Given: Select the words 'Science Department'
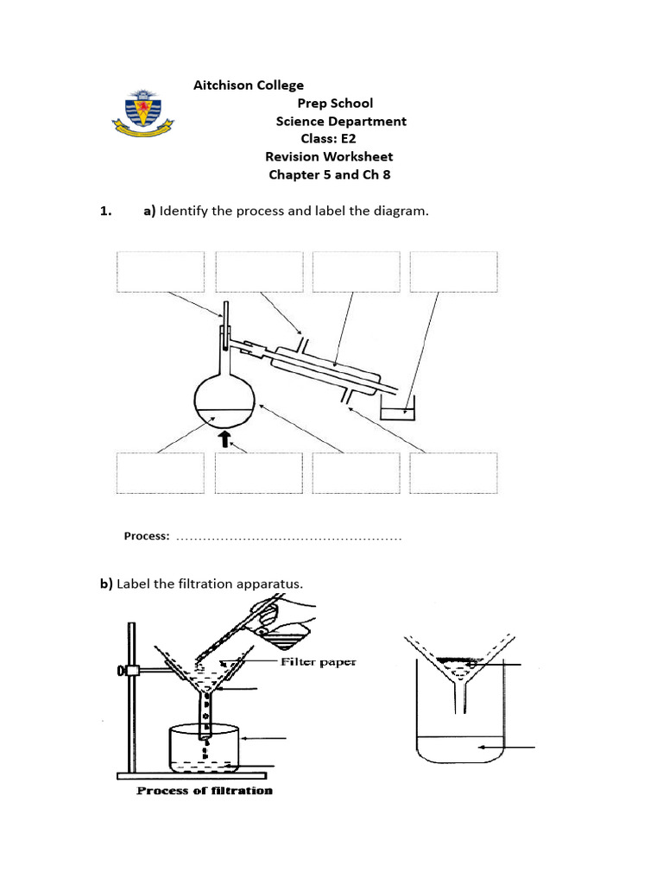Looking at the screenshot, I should tap(341, 121).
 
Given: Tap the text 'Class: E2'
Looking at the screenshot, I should tap(328, 138).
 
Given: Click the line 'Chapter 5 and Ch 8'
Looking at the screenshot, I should tap(330, 174).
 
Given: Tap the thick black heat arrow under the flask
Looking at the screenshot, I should tap(225, 439).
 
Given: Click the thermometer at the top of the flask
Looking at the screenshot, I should tap(225, 324).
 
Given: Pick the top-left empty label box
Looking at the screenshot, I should tap(161, 272).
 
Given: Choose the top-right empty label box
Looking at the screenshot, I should tap(453, 272).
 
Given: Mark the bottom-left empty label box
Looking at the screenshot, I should tap(161, 472).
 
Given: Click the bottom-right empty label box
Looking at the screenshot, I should tap(453, 472).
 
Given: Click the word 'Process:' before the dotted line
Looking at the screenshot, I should tap(147, 536).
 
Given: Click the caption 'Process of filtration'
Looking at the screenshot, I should tap(205, 790).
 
